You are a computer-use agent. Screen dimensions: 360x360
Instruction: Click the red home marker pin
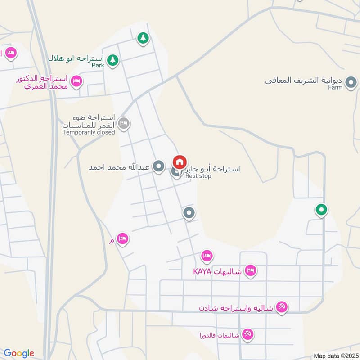pos(180,162)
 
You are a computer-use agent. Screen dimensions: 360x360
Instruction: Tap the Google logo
pos(19,353)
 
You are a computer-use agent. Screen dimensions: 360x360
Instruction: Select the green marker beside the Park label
pos(112,59)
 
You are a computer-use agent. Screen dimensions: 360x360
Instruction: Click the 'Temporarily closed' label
pos(89,132)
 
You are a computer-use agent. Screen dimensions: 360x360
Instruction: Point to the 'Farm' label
pos(335,87)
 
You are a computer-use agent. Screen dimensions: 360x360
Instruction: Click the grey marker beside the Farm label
pos(351,82)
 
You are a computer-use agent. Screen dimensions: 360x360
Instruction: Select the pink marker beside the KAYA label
pos(251,270)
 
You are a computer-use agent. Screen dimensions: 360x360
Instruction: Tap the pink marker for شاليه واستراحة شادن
pos(282,307)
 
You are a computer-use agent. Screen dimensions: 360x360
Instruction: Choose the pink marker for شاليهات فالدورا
pos(247,334)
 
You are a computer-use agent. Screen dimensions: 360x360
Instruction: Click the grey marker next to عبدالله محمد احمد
pos(158,167)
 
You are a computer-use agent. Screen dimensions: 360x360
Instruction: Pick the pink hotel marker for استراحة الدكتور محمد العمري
pos(76,81)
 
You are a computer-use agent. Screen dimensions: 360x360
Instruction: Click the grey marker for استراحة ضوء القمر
pos(124,123)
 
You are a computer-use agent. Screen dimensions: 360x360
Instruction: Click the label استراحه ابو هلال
pos(76,58)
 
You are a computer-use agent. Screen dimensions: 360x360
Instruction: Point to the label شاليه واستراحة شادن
pos(238,308)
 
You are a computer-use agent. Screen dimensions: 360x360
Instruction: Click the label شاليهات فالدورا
pos(219,335)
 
